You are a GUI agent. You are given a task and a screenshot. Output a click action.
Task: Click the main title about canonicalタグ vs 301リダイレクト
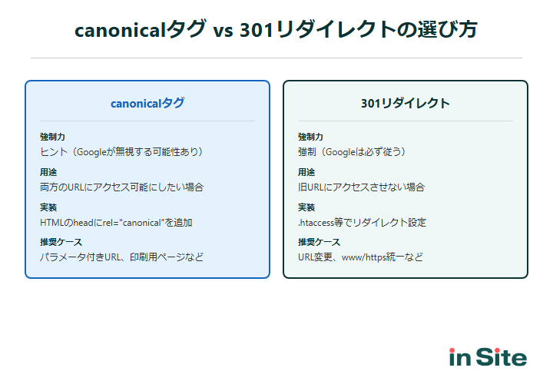(276, 30)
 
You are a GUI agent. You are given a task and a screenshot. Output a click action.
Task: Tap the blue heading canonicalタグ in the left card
(147, 103)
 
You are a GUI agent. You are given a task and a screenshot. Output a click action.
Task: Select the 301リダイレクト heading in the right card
(406, 103)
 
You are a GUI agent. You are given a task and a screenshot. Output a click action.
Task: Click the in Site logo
(488, 357)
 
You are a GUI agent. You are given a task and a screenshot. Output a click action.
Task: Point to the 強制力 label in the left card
(52, 137)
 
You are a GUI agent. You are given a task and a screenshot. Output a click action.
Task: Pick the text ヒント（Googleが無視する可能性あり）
(121, 151)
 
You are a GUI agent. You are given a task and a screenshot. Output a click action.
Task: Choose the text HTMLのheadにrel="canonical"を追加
(116, 222)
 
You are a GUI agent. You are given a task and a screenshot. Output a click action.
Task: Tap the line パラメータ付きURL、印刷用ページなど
(121, 257)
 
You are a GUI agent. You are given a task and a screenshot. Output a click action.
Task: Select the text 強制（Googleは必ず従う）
(352, 151)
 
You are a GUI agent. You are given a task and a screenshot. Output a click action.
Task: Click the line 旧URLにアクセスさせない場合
(361, 187)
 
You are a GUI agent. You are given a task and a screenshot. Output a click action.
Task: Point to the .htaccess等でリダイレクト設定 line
(362, 222)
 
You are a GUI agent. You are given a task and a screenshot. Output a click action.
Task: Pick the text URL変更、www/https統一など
(360, 257)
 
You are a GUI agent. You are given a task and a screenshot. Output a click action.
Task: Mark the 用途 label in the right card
(306, 172)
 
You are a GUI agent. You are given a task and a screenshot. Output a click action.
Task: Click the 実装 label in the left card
(48, 207)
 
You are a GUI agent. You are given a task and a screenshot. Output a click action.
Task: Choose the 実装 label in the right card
(306, 207)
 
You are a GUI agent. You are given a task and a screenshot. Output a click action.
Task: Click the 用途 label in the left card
(48, 172)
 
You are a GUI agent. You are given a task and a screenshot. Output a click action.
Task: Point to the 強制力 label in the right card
(310, 137)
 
